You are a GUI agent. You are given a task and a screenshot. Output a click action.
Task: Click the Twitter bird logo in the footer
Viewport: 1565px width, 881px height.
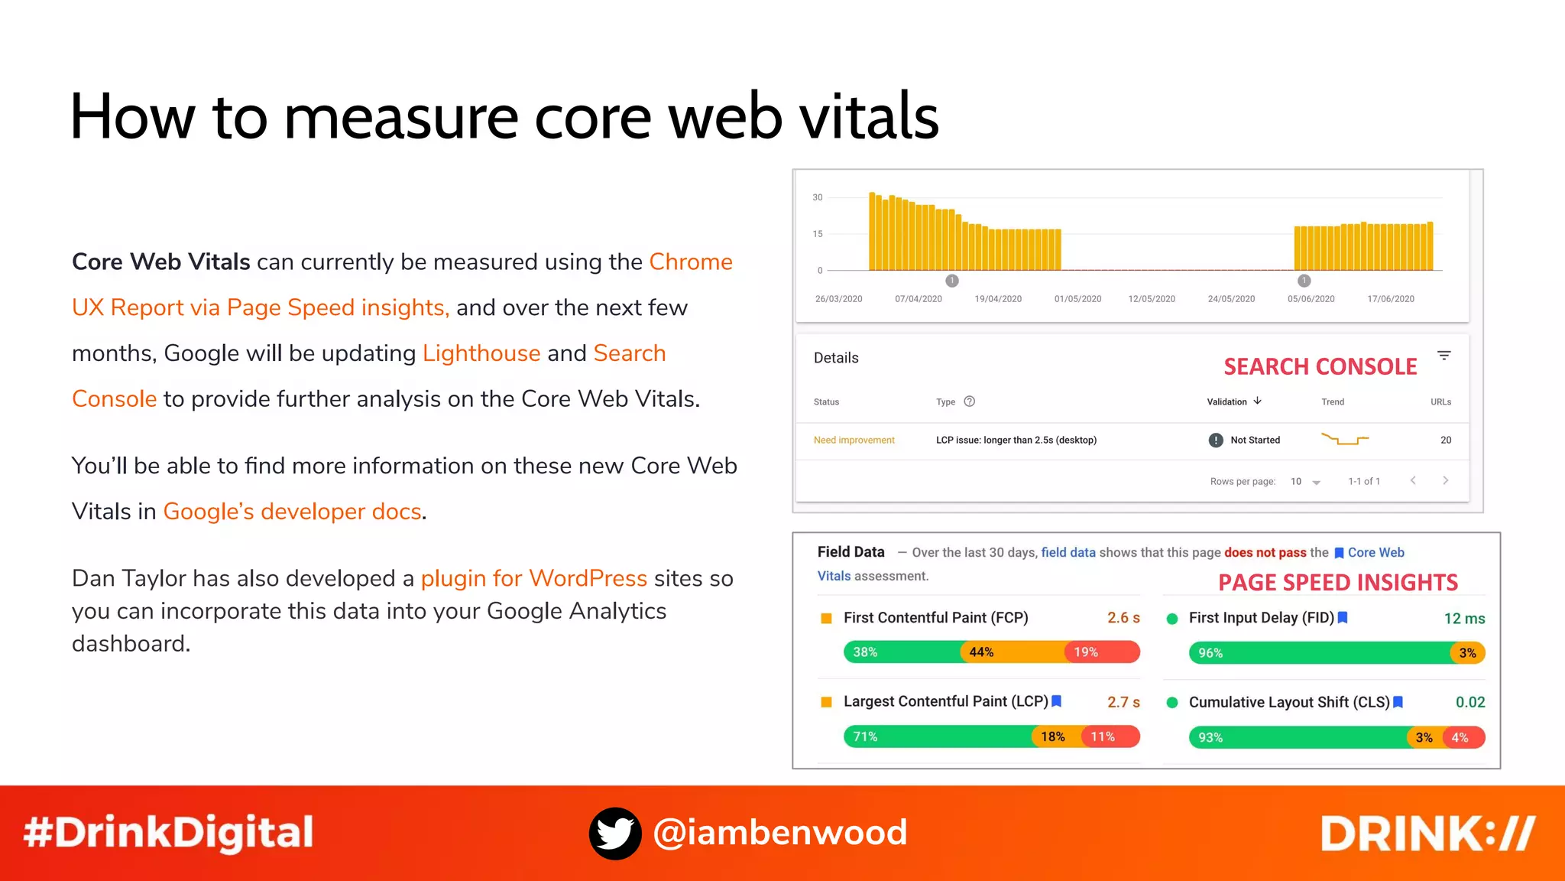coord(615,833)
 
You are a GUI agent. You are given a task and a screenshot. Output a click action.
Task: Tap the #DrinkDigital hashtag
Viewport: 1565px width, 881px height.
coord(168,833)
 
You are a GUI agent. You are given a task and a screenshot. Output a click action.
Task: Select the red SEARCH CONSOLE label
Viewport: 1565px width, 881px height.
coord(1320,367)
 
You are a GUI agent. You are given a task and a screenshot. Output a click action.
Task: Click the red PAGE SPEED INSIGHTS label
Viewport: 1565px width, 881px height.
coord(1337,583)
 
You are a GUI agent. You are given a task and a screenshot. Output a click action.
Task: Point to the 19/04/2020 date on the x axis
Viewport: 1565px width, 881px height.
coord(998,299)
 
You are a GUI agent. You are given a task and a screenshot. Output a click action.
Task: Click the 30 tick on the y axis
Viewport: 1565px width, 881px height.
coord(818,197)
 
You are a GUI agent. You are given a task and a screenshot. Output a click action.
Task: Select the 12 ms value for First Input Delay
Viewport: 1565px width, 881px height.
coord(1464,619)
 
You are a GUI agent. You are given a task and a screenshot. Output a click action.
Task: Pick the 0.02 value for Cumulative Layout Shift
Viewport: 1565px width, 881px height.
coord(1469,702)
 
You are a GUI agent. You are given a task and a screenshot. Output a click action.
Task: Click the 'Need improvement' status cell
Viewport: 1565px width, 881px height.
coord(854,440)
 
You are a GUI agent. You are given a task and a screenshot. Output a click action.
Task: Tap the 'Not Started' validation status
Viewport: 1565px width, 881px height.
coord(1254,440)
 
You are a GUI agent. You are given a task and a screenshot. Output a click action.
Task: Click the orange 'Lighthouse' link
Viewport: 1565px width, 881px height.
coord(481,353)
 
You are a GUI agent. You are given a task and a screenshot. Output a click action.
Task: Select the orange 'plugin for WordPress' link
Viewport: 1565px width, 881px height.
coord(533,578)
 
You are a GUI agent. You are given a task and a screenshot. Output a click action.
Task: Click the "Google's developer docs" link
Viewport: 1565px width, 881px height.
coord(292,512)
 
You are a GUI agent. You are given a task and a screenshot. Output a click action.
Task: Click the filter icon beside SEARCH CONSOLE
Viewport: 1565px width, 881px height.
coord(1443,356)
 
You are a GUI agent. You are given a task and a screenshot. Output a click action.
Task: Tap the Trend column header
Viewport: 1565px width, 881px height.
coord(1333,402)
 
